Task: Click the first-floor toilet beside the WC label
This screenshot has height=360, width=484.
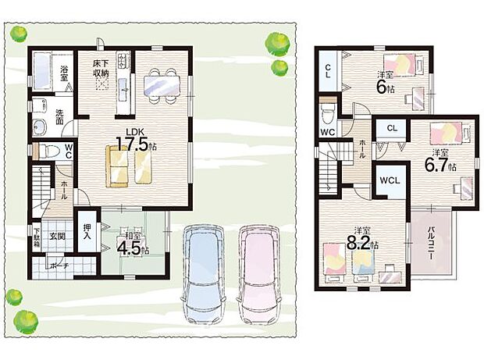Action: pyautogui.click(x=46, y=150)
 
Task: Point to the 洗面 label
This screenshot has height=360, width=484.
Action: pyautogui.click(x=59, y=117)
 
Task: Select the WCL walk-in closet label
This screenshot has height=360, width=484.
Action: pyautogui.click(x=390, y=181)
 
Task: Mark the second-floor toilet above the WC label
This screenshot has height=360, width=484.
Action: pyautogui.click(x=329, y=114)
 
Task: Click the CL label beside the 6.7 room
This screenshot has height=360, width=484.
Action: pyautogui.click(x=392, y=128)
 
